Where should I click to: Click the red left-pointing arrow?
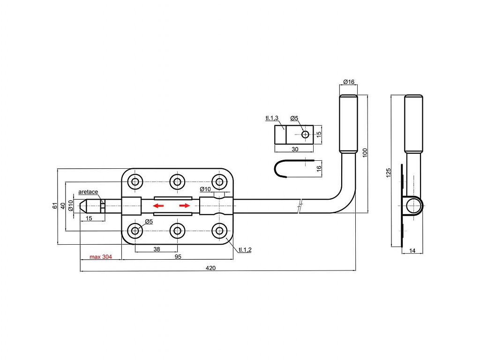[158, 206]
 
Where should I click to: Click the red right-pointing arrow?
[185, 206]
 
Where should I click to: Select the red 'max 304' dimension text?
[101, 257]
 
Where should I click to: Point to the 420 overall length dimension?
[210, 268]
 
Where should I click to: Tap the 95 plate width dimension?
[178, 257]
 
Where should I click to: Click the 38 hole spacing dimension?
[157, 249]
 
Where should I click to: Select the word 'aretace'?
[88, 192]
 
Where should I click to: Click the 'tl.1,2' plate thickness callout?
[245, 250]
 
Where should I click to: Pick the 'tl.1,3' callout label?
[272, 118]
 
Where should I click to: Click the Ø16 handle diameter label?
[349, 82]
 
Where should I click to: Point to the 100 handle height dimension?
[365, 153]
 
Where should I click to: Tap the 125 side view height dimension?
[389, 172]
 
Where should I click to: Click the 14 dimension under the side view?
[412, 251]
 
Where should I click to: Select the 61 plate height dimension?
[55, 206]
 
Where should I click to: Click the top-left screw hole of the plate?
[135, 182]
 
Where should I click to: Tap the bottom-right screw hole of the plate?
[219, 231]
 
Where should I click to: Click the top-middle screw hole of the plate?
[177, 182]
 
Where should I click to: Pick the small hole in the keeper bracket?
[305, 135]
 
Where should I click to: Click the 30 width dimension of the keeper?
[295, 150]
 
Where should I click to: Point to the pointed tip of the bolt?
[80, 206]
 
